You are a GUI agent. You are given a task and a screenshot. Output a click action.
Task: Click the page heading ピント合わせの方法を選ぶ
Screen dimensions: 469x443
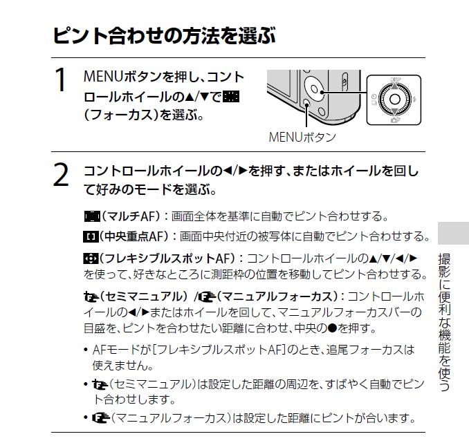tap(164, 35)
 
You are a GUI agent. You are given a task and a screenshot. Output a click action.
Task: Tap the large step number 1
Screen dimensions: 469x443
tap(61, 79)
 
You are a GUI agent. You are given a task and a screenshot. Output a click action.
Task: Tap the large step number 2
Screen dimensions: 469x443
tap(61, 175)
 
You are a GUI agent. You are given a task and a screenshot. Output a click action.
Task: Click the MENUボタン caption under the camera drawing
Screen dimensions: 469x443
tap(302, 138)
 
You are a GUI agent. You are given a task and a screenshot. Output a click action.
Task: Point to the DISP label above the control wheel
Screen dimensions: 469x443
tap(395, 79)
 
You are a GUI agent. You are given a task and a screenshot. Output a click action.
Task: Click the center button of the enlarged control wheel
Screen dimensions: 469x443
tap(394, 99)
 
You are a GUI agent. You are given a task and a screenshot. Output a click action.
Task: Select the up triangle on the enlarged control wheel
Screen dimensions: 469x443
tap(395, 86)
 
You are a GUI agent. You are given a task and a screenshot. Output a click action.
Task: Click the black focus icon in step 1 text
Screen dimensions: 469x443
tap(231, 97)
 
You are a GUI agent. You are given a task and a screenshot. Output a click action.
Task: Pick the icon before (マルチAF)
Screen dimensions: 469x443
tap(93, 216)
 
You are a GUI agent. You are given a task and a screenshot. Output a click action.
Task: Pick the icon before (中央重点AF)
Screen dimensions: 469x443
tap(91, 237)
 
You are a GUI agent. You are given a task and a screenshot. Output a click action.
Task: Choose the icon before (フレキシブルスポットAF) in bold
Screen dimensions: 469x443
tap(91, 258)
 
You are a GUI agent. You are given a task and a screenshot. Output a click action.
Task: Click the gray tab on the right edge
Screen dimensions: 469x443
tap(453, 233)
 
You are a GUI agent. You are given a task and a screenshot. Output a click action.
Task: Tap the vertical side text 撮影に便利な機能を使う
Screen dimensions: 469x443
tap(444, 322)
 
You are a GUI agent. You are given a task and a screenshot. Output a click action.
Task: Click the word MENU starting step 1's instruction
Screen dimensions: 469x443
tap(103, 77)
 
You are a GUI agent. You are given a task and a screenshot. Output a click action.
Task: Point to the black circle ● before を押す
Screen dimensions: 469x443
tap(333, 328)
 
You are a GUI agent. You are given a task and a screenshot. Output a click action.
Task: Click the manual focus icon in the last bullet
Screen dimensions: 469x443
tap(101, 418)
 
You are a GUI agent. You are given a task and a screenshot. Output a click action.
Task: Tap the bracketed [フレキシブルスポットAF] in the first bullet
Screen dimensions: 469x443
tap(219, 350)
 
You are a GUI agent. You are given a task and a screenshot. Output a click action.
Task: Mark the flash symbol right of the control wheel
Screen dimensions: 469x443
tap(414, 99)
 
